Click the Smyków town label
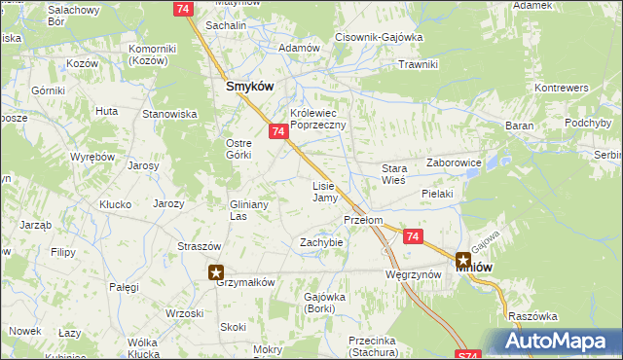(249, 86)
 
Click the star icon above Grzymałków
(216, 273)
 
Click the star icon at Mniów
(463, 261)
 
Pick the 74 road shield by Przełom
(413, 236)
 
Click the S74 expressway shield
(466, 354)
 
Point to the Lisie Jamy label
(324, 192)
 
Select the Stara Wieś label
(393, 174)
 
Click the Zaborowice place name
(455, 163)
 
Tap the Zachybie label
(321, 241)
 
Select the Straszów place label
(198, 246)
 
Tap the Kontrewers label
(562, 88)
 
